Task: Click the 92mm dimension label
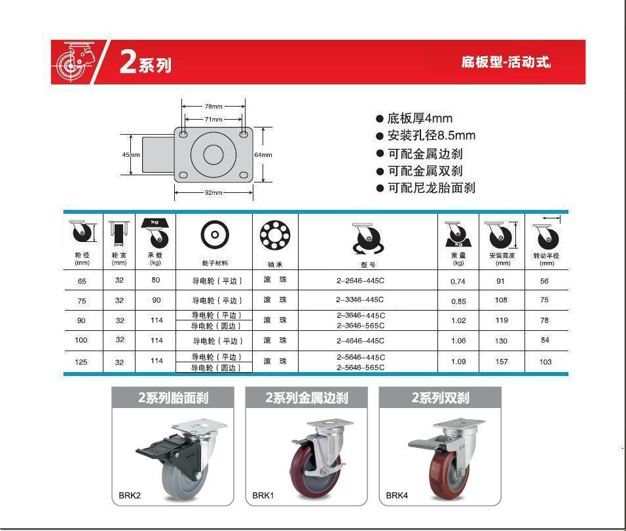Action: click(213, 192)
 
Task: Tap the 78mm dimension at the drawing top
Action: click(213, 107)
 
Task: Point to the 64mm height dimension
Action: click(263, 155)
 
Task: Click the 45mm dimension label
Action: click(131, 155)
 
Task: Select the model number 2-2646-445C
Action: click(360, 281)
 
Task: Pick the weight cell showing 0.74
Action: click(458, 281)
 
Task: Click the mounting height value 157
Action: click(502, 362)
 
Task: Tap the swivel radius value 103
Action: click(545, 362)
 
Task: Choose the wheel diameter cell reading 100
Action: click(81, 340)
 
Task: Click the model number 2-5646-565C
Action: click(361, 368)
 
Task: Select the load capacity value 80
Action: click(156, 281)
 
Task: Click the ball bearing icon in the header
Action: click(275, 235)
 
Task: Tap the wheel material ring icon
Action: click(215, 235)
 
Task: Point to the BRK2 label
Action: click(130, 496)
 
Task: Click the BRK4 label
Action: click(397, 496)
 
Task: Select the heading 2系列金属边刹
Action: click(306, 398)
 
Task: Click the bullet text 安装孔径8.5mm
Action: click(431, 135)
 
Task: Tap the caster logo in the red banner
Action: click(76, 61)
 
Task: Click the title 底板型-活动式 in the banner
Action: click(506, 62)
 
